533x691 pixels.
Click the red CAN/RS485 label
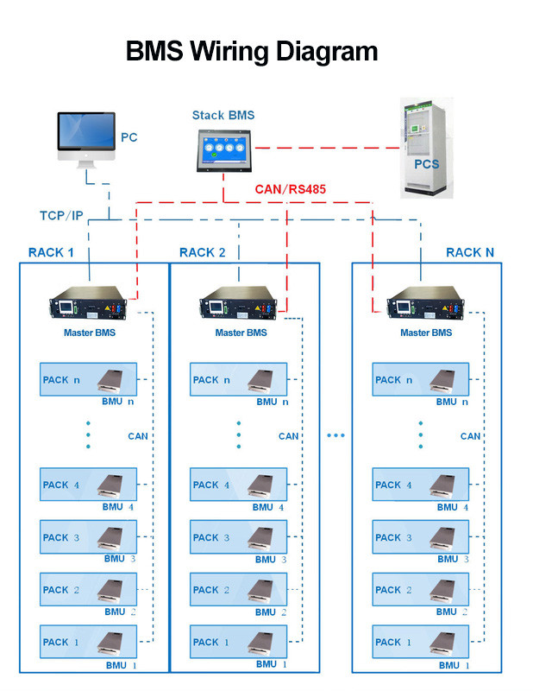click(x=290, y=188)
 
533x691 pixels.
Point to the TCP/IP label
click(x=61, y=214)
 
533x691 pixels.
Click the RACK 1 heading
click(x=51, y=252)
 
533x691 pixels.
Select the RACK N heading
click(x=470, y=252)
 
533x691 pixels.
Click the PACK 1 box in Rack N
click(x=421, y=643)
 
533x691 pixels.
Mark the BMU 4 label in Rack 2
click(x=268, y=507)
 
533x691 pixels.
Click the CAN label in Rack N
click(x=470, y=436)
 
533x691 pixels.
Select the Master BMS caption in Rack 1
click(x=89, y=333)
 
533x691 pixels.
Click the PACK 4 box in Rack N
click(x=421, y=485)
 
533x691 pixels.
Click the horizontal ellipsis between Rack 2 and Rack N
click(x=335, y=435)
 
